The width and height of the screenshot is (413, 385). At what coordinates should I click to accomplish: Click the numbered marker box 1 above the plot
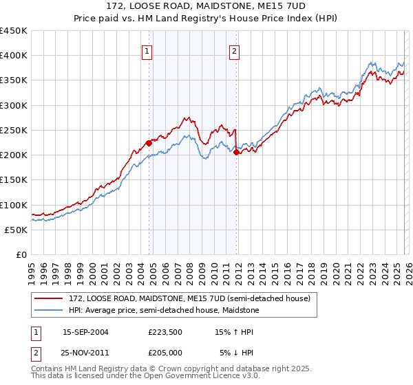147,50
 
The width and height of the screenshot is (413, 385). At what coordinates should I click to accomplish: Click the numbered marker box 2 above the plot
235,50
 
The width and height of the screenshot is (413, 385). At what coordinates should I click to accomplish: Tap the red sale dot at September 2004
149,144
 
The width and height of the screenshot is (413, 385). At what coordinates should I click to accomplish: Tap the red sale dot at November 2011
236,153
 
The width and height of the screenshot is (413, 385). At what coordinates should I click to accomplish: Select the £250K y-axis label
14,130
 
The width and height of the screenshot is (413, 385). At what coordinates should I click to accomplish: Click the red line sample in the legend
49,298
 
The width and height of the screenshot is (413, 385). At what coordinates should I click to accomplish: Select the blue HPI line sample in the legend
49,310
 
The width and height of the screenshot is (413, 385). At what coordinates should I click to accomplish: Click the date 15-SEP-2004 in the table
85,331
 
